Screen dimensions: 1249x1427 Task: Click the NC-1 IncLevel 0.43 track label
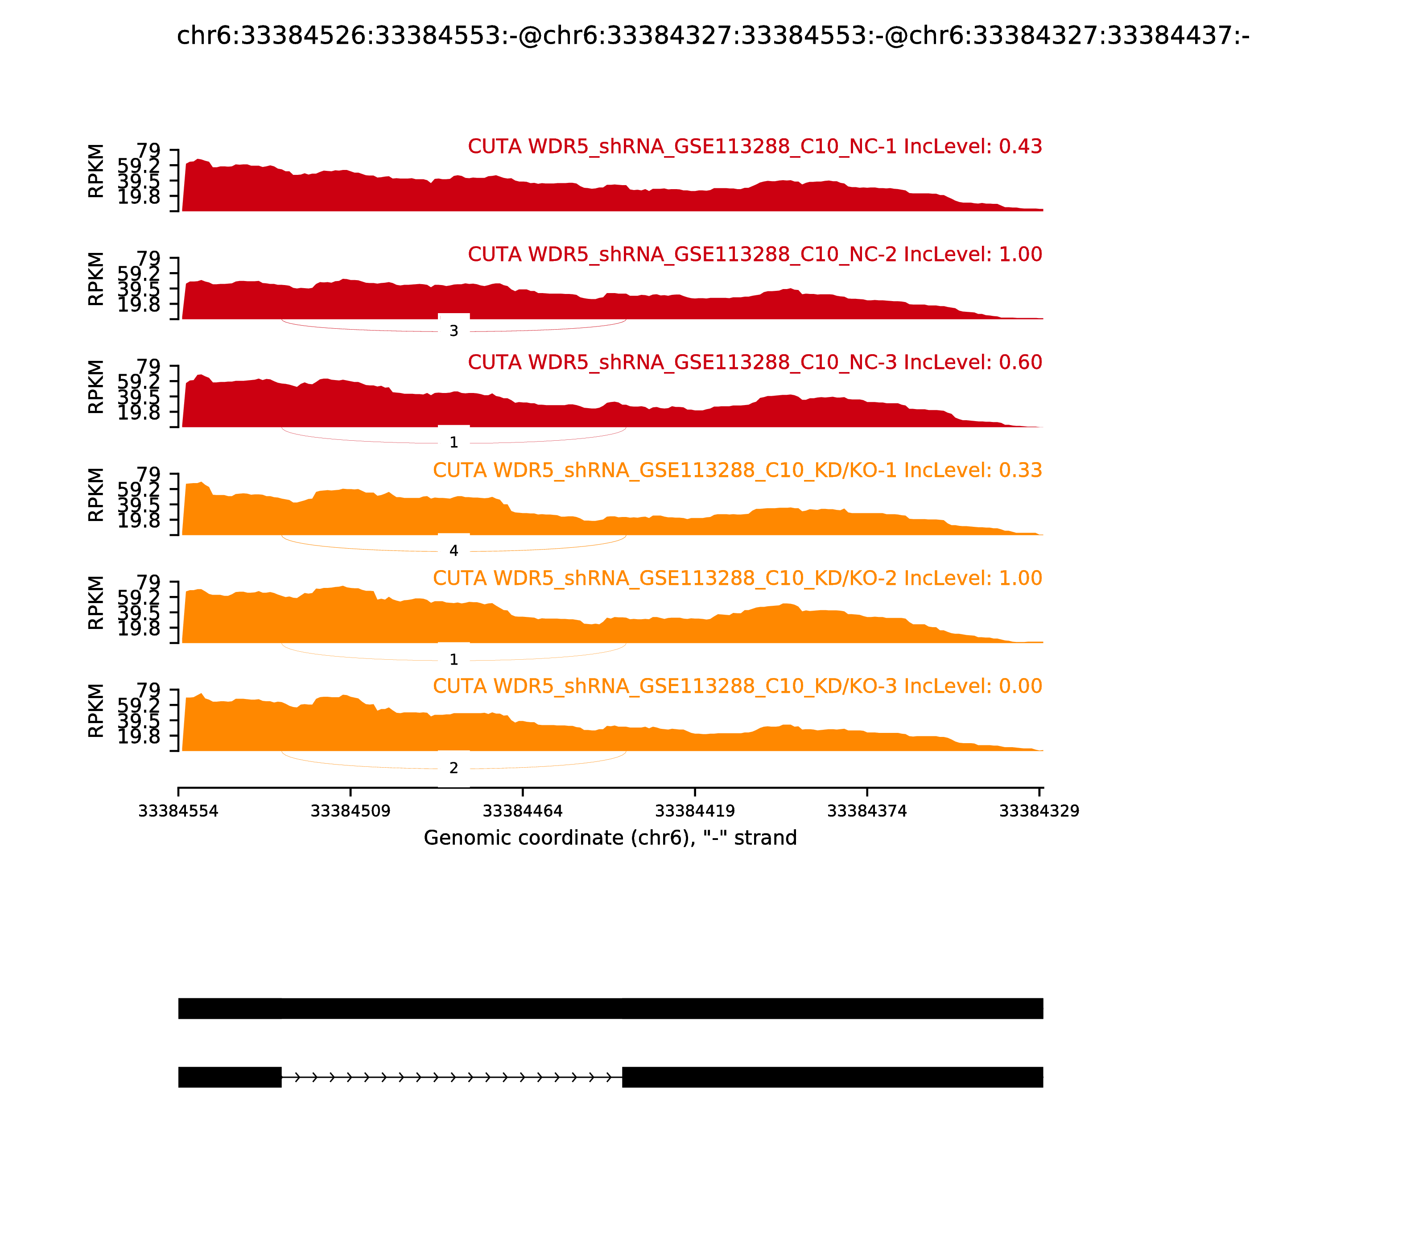pos(755,146)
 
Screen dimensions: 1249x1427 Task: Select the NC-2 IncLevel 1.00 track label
pos(755,254)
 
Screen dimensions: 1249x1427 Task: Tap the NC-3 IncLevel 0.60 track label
pos(755,362)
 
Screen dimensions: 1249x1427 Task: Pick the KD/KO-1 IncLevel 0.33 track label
pos(737,471)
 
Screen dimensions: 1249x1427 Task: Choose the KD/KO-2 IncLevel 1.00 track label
pos(737,579)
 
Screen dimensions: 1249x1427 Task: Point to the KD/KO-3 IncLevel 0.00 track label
pos(737,687)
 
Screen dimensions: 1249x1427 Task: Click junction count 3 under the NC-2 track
pos(454,331)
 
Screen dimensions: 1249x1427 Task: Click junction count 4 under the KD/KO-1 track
pos(454,550)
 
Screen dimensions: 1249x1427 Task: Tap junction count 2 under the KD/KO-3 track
pos(454,768)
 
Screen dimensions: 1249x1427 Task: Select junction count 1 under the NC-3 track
pos(454,443)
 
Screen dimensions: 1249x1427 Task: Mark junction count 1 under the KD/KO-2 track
pos(454,659)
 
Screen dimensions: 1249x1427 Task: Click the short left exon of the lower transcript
pos(230,1077)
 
